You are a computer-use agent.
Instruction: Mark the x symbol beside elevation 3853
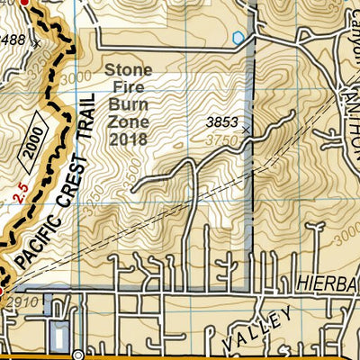246,130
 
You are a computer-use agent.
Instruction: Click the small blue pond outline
238,38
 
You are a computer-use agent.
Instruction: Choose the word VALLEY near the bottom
260,328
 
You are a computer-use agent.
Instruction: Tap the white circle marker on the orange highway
78,354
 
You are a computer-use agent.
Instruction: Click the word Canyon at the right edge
350,27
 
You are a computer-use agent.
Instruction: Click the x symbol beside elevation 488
36,41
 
